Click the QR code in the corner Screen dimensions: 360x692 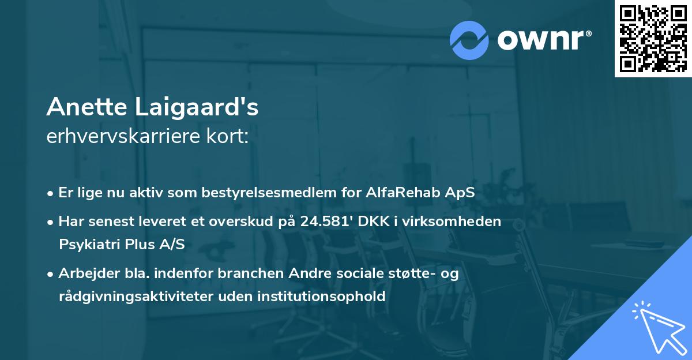[653, 38]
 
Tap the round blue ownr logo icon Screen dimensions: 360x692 [469, 40]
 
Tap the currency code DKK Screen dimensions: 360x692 [373, 222]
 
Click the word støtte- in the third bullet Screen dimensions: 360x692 [412, 273]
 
